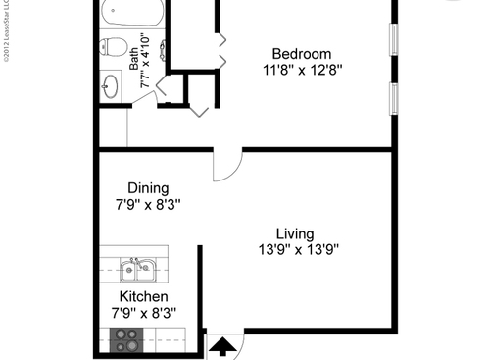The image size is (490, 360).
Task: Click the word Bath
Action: [134, 60]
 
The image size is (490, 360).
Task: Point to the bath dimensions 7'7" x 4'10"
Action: [146, 61]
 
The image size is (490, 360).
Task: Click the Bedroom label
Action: [301, 54]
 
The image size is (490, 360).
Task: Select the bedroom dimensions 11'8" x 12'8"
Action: [301, 70]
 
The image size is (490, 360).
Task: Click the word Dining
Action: [148, 188]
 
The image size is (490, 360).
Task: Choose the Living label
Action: [294, 233]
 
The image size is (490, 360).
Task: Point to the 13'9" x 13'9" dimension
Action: [294, 249]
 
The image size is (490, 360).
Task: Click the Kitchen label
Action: [143, 297]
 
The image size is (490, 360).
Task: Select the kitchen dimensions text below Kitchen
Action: [143, 314]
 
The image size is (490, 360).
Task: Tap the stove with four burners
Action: [126, 339]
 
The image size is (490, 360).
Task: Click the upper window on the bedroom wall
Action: [394, 38]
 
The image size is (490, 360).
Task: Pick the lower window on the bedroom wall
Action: [394, 98]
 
